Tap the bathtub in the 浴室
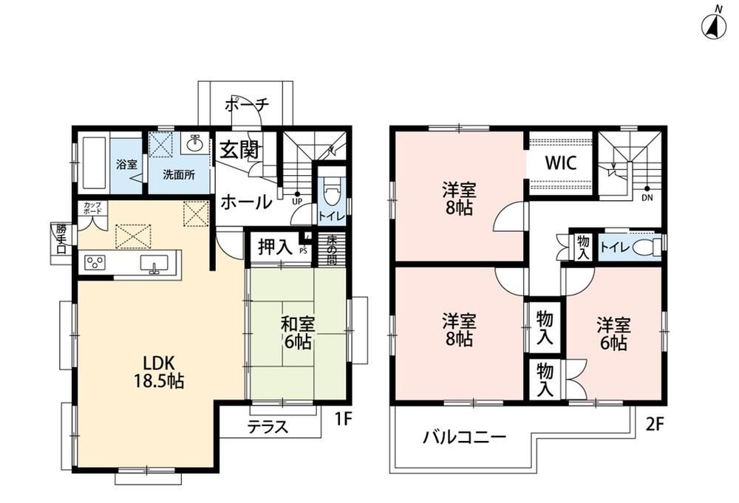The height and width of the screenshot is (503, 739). [93, 162]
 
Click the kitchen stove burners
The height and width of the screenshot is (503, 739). [95, 262]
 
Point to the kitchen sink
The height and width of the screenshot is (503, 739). [153, 263]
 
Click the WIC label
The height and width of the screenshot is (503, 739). [561, 163]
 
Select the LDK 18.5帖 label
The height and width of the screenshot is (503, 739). [160, 372]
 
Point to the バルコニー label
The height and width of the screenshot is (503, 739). [464, 437]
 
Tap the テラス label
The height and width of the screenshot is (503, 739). [268, 427]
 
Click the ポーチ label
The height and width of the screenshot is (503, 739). [247, 104]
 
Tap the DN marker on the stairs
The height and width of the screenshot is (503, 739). [647, 198]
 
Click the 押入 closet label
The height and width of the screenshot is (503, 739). [275, 247]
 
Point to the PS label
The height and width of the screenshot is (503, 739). [303, 251]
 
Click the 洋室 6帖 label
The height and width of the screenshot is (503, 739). [613, 334]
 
